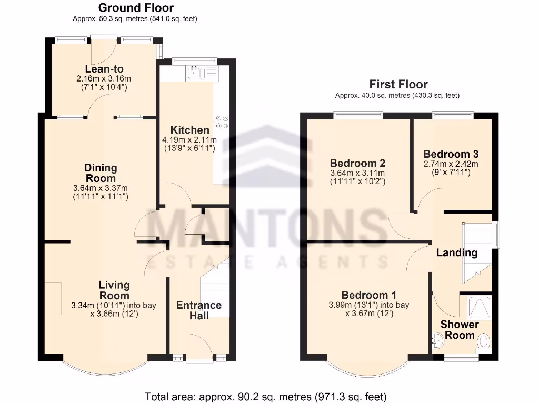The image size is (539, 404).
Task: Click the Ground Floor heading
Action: click(136, 8)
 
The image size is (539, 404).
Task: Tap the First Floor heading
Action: click(398, 84)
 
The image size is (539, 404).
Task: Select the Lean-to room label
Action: click(101, 69)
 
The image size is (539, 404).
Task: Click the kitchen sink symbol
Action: click(195, 73)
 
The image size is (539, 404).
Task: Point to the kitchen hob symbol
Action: click(222, 122)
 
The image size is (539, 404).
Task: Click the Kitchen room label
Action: click(189, 130)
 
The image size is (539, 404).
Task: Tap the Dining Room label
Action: click(101, 173)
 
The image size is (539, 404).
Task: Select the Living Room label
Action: click(114, 290)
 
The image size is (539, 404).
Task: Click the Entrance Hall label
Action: click(199, 310)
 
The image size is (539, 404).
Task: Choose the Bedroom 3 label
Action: click(451, 154)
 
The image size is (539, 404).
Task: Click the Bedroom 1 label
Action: click(368, 295)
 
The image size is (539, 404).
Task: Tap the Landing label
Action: click(456, 252)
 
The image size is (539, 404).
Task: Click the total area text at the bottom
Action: click(266, 396)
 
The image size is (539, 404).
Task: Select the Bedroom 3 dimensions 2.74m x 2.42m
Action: click(451, 164)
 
